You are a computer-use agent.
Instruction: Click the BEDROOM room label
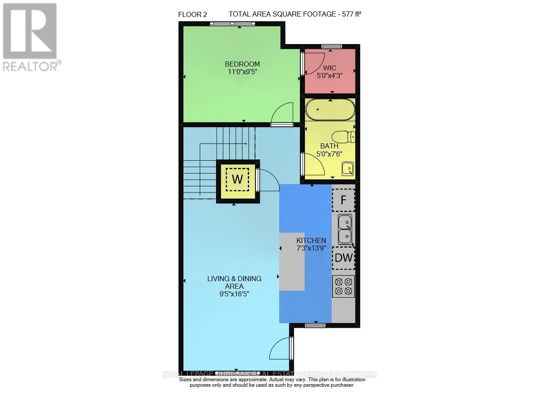point(242,64)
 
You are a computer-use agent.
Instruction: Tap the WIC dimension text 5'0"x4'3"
point(329,75)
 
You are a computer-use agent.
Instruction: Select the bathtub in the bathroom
point(330,110)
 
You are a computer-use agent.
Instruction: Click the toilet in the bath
point(344,137)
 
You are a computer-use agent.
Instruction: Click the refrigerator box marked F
point(344,200)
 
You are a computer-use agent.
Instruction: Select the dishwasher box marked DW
point(344,258)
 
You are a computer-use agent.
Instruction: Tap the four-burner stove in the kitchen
point(344,286)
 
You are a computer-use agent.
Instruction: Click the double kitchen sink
point(345,229)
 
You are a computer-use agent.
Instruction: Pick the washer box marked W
point(237,179)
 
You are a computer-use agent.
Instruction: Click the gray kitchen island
point(292,261)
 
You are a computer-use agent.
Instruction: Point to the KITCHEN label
point(311,240)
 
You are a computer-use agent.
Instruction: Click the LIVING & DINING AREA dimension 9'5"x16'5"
point(234,293)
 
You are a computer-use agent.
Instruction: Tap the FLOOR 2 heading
point(193,14)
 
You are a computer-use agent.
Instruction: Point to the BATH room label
point(329,146)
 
